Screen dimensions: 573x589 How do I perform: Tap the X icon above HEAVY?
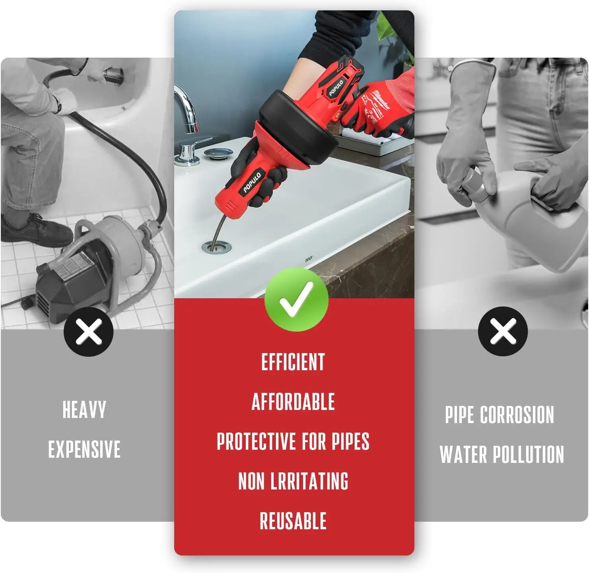[89, 331]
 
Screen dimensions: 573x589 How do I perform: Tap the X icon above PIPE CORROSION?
[503, 331]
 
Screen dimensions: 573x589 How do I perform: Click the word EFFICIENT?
[293, 362]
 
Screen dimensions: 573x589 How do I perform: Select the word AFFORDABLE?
[293, 402]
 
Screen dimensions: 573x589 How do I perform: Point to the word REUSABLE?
[293, 521]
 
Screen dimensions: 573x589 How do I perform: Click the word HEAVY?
[84, 410]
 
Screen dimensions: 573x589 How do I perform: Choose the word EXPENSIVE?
[84, 449]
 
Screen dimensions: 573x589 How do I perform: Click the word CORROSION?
[517, 415]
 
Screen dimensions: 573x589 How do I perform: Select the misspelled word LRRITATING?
[309, 481]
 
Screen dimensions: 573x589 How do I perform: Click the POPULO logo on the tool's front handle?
[252, 183]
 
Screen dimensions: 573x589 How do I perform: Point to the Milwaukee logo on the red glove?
[381, 99]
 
